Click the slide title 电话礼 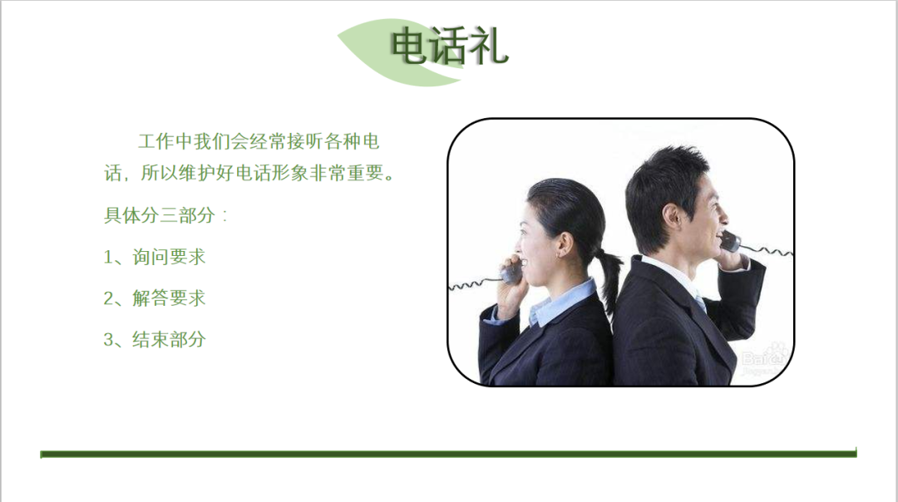click(449, 46)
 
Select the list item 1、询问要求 click(154, 257)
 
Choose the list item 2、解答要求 click(154, 298)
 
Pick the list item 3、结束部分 click(154, 339)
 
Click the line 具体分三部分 click(165, 215)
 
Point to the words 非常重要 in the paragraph click(347, 173)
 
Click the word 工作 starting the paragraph click(156, 141)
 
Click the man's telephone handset click(730, 241)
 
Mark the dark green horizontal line click(448, 454)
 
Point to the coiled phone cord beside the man click(767, 249)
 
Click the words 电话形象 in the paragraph click(272, 173)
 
